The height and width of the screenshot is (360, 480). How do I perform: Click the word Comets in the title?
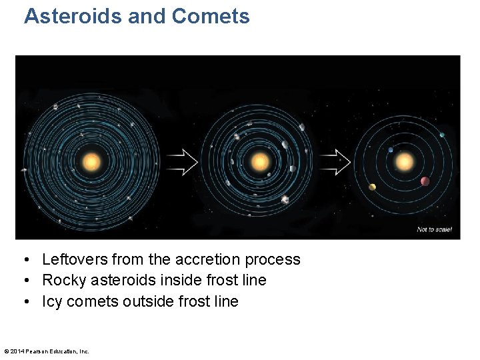[211, 16]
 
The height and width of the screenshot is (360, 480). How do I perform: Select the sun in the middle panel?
[260, 162]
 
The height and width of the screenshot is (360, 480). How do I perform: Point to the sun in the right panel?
[404, 162]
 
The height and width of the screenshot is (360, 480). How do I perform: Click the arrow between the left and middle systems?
[181, 161]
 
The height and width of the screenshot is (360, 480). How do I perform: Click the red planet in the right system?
[425, 181]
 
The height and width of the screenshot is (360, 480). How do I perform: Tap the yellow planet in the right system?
[372, 187]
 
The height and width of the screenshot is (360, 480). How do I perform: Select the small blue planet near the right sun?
[391, 150]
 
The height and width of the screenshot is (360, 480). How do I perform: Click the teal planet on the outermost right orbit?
[441, 135]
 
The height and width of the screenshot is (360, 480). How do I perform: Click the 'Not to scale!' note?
[434, 229]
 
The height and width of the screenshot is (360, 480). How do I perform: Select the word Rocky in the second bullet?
[61, 280]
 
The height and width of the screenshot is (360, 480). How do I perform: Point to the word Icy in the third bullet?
[51, 301]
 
